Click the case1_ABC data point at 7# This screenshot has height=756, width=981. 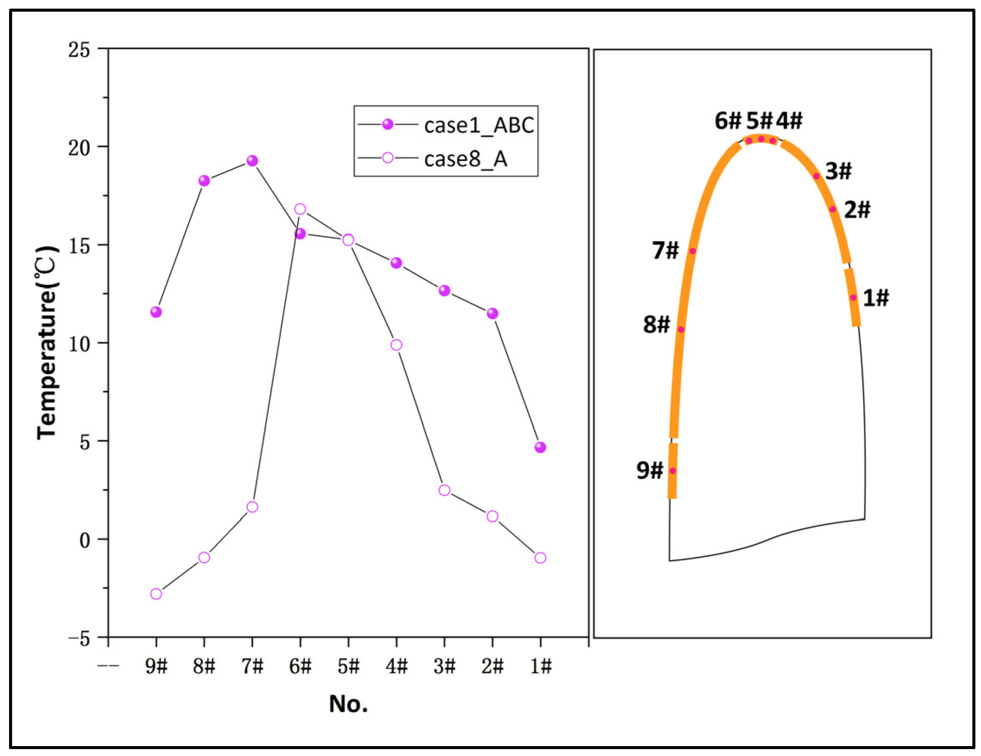coord(252,161)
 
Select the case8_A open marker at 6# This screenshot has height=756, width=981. coord(300,209)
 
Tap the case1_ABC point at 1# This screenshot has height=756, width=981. coord(540,447)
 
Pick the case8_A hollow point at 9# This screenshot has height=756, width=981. coord(156,594)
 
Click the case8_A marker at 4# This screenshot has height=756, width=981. coord(396,345)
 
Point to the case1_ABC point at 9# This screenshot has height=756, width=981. coord(156,312)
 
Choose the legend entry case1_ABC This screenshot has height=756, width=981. coord(479,125)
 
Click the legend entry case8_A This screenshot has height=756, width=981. coord(465,159)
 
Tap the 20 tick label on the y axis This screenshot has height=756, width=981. coord(79,147)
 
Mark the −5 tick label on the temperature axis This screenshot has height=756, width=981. coord(79,638)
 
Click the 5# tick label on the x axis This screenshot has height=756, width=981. coord(349,667)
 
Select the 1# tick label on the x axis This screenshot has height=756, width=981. coord(540,667)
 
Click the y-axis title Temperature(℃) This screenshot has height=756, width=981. coord(47,343)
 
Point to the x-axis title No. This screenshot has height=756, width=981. coord(348,704)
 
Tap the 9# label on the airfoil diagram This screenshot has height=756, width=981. coord(650,470)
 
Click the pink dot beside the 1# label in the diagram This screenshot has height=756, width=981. coord(853,297)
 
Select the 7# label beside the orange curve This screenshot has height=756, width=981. coord(665,250)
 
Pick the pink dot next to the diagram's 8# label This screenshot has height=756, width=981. coord(681,330)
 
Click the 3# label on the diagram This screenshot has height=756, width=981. coord(838,172)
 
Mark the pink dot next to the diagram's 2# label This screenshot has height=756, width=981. coord(832,209)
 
